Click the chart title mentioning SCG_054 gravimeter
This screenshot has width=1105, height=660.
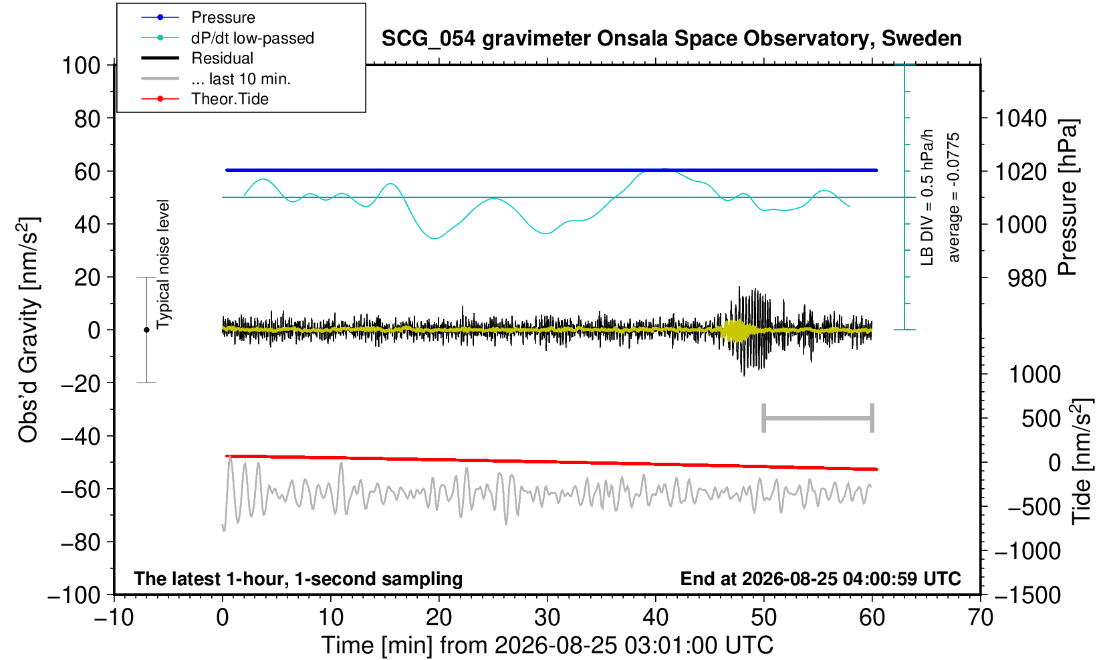[671, 39]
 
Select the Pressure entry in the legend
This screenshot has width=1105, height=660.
[223, 18]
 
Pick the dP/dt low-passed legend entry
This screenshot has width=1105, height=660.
[252, 38]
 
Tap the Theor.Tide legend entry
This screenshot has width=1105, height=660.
[230, 99]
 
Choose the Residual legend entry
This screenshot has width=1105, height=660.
[222, 58]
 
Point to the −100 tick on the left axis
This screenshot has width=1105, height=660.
[74, 596]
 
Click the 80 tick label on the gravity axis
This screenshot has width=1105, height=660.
[88, 119]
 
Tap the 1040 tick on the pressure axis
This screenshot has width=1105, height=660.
[1021, 119]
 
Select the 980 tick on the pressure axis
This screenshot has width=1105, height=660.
[1027, 278]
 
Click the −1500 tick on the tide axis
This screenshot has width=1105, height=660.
[1027, 596]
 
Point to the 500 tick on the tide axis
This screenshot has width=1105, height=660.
[1041, 419]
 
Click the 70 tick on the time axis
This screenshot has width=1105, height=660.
[980, 618]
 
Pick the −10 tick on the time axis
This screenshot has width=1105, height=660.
[114, 618]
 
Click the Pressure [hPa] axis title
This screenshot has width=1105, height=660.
[1068, 197]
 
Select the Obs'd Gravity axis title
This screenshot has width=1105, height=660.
[29, 330]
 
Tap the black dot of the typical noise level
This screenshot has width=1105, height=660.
[146, 330]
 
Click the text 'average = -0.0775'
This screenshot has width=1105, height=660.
[953, 197]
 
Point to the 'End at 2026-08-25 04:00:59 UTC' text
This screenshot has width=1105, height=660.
[820, 578]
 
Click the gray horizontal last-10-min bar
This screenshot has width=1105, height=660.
[818, 418]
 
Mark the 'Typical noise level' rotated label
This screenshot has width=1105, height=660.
[163, 264]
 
